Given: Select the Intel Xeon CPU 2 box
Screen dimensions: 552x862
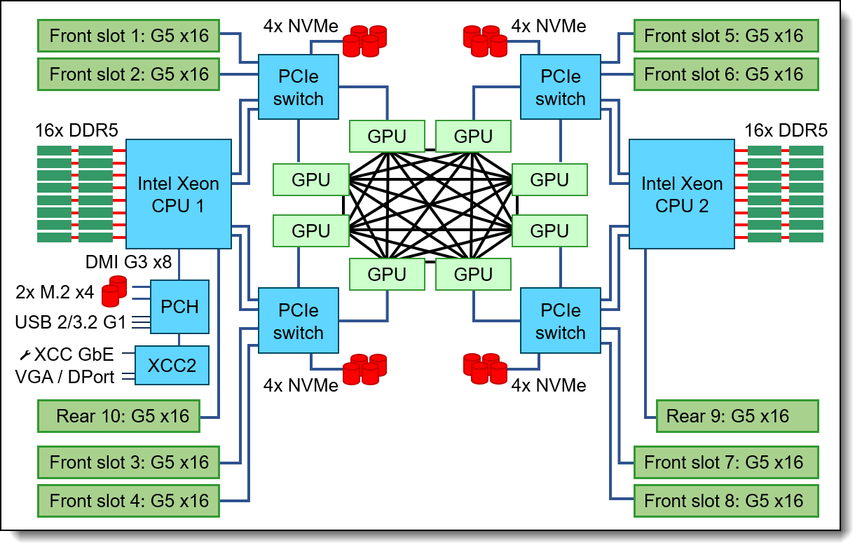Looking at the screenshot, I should (x=681, y=193).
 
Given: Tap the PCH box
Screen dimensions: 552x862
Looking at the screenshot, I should (x=180, y=306).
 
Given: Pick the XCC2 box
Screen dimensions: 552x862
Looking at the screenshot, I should (x=172, y=365).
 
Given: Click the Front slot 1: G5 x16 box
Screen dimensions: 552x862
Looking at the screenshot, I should (x=129, y=35).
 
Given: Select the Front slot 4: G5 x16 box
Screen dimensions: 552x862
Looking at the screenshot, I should (x=129, y=501).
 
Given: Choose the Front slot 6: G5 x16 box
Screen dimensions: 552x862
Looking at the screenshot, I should (x=724, y=74).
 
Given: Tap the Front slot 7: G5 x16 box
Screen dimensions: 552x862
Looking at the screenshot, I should (x=724, y=462).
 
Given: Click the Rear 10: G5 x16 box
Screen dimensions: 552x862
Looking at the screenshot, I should (x=123, y=416).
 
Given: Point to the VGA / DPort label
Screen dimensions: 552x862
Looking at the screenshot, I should (x=64, y=376).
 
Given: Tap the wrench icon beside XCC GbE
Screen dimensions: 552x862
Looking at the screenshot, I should (x=23, y=355).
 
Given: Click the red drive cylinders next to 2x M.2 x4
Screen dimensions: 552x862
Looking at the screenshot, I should (x=114, y=292).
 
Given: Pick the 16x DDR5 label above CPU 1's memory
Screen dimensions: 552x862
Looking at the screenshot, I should (x=76, y=130).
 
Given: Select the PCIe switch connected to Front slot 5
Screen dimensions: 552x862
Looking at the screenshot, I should (x=560, y=88).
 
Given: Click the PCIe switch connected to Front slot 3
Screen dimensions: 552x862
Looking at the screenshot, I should (x=299, y=322).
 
